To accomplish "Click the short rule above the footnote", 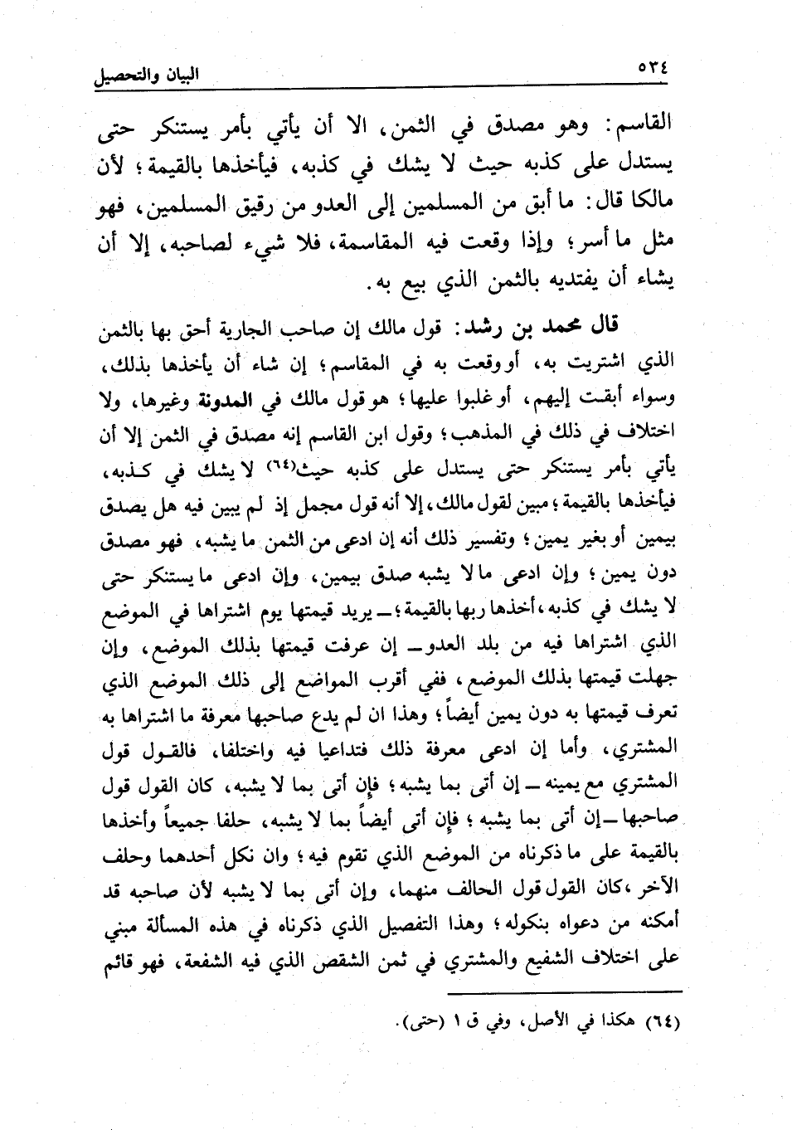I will [563, 993].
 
